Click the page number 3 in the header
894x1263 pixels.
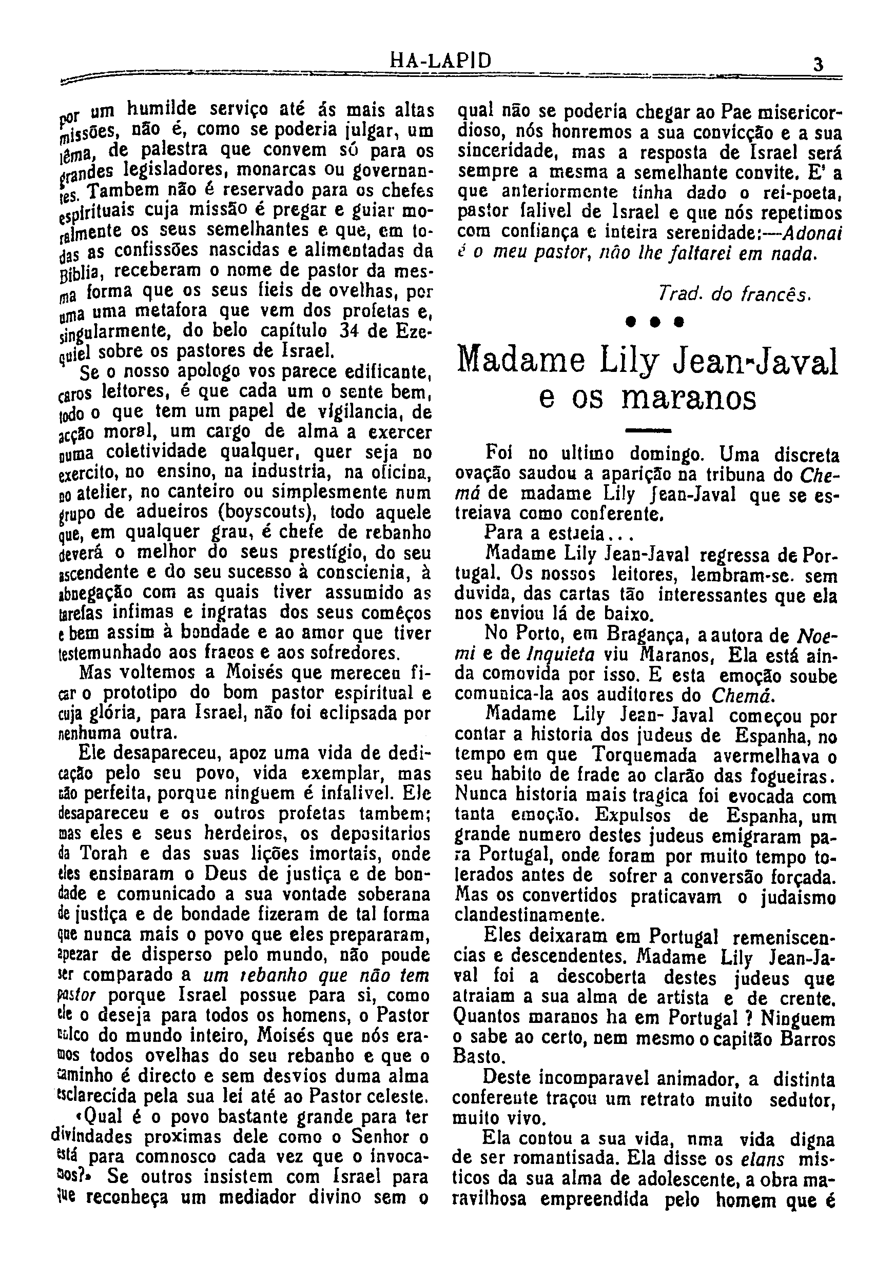(818, 65)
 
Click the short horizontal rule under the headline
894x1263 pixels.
(649, 429)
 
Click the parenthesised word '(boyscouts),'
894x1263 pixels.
(267, 512)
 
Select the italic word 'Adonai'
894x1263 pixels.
(811, 233)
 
